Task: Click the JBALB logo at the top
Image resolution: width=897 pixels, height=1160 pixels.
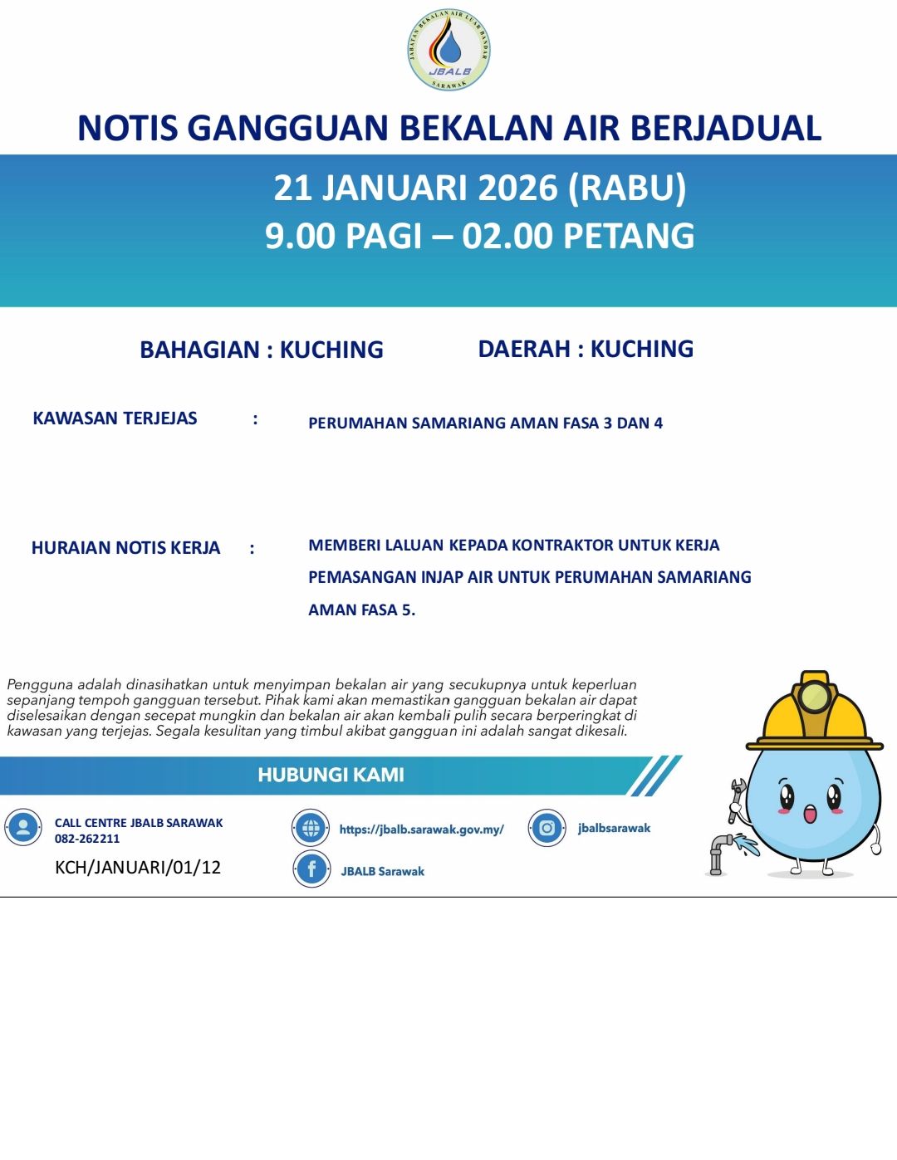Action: [x=448, y=50]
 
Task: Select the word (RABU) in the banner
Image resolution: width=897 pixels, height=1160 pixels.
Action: [x=627, y=188]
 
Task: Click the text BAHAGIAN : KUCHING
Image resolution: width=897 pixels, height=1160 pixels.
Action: [x=262, y=350]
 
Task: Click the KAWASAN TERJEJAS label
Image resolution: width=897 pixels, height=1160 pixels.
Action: [x=115, y=418]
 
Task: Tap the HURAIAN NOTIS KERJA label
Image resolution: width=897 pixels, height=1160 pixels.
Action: [x=125, y=548]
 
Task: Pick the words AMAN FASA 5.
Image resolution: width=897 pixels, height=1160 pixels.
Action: [x=361, y=609]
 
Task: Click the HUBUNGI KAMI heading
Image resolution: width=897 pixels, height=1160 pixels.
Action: [x=331, y=775]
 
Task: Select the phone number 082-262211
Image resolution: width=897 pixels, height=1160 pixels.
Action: [x=87, y=839]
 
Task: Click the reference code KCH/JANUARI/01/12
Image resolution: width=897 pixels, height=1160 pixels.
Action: [x=138, y=868]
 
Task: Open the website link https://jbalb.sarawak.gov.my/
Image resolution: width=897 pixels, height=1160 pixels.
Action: [x=421, y=829]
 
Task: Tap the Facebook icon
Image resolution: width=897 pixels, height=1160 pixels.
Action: [x=311, y=869]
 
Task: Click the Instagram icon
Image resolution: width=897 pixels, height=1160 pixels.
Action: [x=547, y=828]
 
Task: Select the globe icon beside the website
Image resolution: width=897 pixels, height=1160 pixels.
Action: [x=311, y=828]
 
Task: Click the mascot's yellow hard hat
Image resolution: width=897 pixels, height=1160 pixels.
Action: [x=814, y=714]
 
